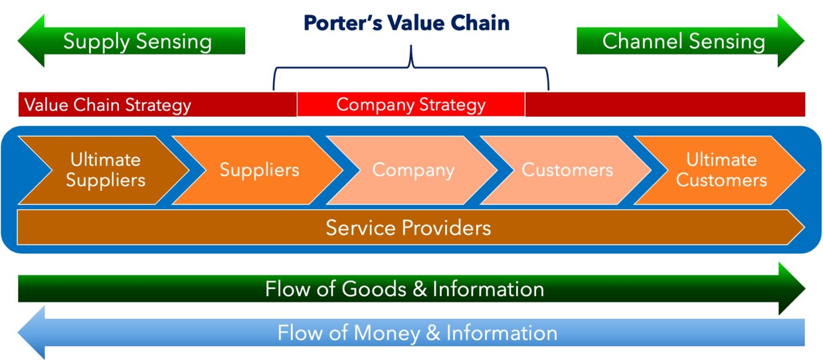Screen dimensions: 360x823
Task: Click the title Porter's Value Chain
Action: click(406, 23)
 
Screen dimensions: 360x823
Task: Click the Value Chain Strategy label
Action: click(107, 105)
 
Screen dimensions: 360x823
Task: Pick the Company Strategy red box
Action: click(410, 105)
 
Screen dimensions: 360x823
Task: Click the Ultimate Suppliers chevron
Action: click(105, 170)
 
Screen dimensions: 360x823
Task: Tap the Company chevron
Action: click(413, 170)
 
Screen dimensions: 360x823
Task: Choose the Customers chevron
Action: click(567, 170)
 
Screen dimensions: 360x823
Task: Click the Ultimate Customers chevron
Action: click(721, 170)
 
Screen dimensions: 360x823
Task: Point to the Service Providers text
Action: click(408, 228)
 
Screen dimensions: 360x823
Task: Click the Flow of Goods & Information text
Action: click(404, 289)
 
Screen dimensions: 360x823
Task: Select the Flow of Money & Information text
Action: click(417, 333)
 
